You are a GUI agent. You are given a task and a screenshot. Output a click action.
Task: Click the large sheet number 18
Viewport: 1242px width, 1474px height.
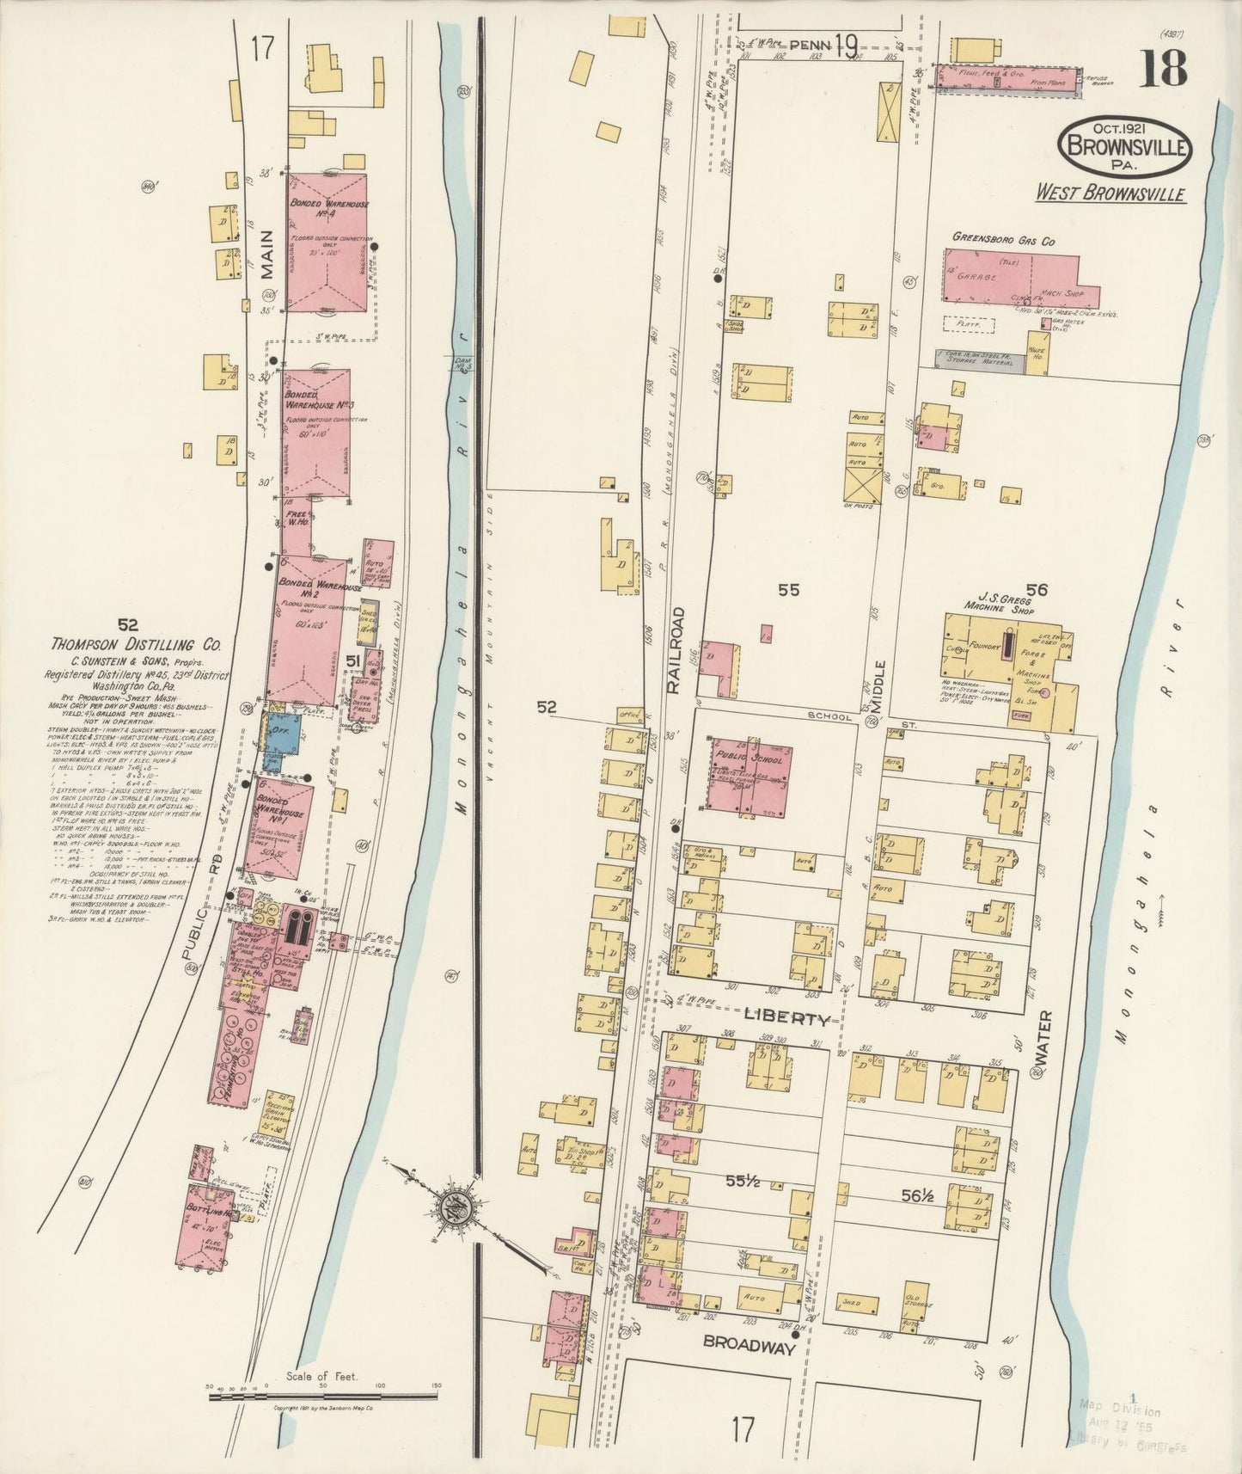(1165, 68)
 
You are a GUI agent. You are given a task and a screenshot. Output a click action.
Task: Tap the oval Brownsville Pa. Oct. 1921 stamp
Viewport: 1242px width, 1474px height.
(1126, 147)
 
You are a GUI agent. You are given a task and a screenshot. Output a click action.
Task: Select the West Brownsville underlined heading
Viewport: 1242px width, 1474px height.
(1110, 193)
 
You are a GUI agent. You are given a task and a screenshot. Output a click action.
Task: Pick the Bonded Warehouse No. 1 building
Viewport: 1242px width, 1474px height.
(278, 826)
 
